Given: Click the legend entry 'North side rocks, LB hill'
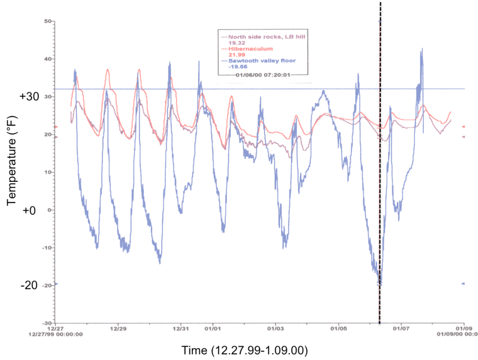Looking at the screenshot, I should coord(257,37).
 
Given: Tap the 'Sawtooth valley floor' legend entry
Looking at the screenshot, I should coord(254,61).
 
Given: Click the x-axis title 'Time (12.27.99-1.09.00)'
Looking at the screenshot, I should coord(244,351).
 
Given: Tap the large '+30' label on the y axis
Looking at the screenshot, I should coord(29,97).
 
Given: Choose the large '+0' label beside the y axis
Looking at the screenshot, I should coord(29,210).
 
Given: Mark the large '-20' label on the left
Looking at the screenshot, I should coord(30,285).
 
